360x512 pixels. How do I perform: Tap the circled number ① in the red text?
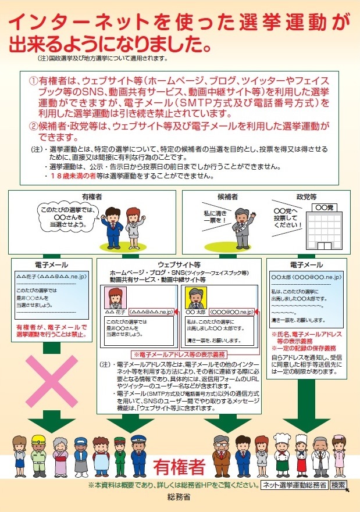34,81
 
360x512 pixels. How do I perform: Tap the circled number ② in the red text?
34,125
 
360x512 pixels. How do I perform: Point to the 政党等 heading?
306,197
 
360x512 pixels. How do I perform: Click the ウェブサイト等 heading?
179,264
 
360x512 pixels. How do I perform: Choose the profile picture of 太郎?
194,299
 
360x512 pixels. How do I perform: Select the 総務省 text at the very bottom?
179,499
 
